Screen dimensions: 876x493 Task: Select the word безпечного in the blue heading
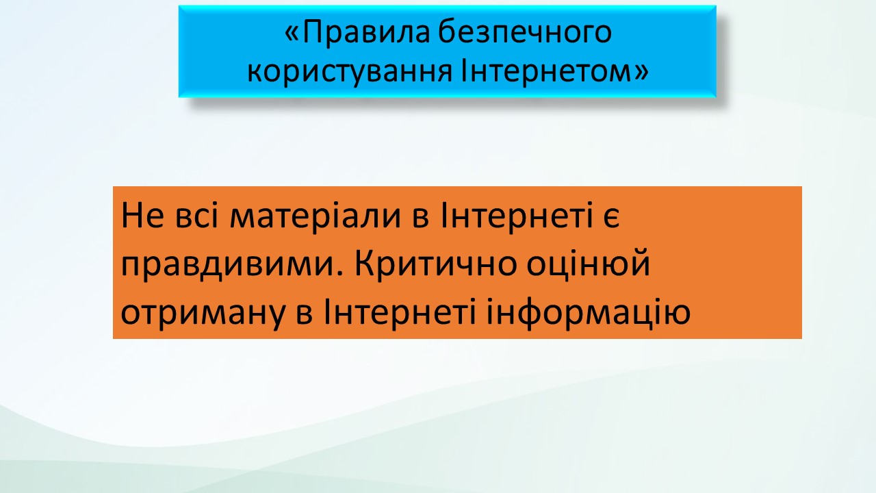pyautogui.click(x=525, y=32)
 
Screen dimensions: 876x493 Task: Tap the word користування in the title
pyautogui.click(x=350, y=71)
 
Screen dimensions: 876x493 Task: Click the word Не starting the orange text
pyautogui.click(x=142, y=216)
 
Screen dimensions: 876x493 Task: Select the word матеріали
pyautogui.click(x=315, y=218)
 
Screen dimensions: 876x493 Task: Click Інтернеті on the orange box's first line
pyautogui.click(x=516, y=215)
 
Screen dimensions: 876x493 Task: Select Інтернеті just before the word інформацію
pyautogui.click(x=400, y=312)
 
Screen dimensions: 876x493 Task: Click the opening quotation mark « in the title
pyautogui.click(x=293, y=34)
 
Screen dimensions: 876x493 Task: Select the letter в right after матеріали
pyautogui.click(x=421, y=218)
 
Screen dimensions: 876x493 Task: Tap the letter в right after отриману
pyautogui.click(x=305, y=315)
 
